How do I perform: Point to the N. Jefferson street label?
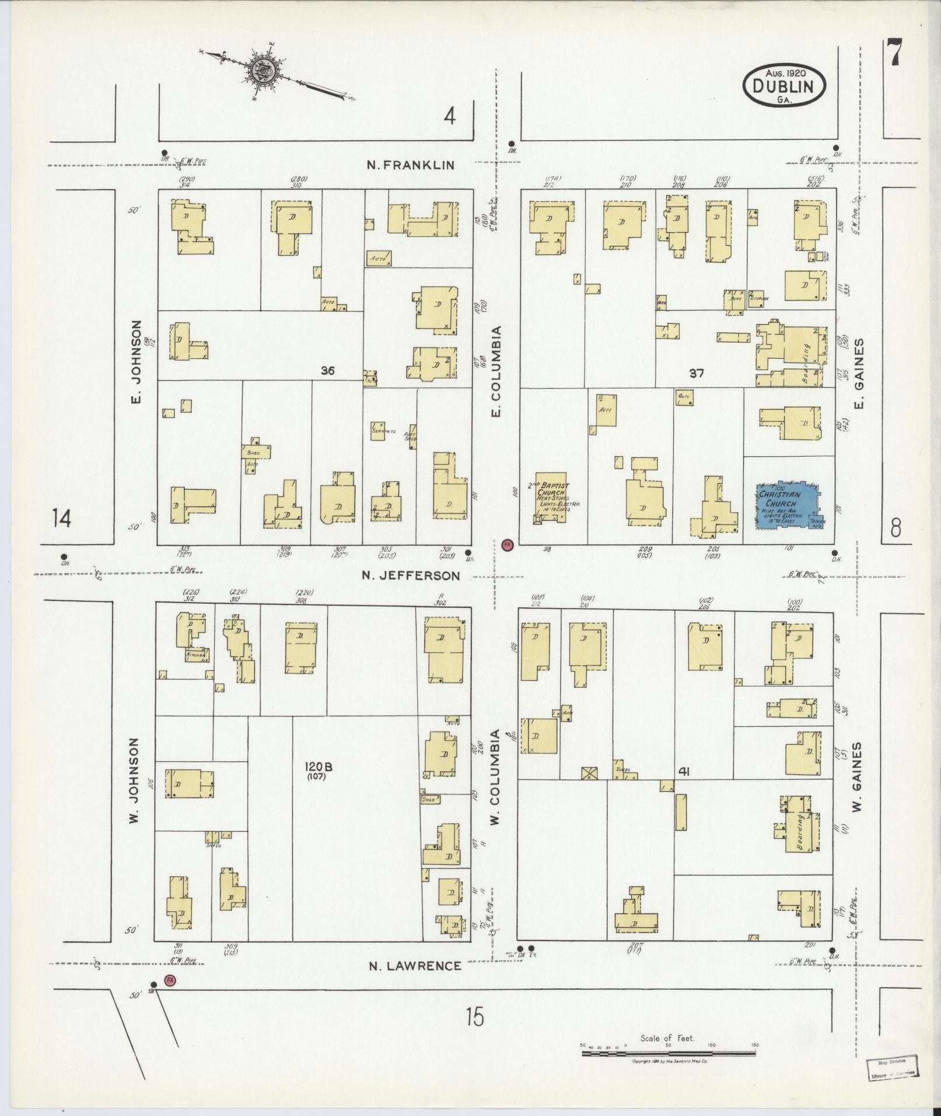point(410,576)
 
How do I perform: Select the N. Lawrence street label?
point(415,965)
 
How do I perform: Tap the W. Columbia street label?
point(495,777)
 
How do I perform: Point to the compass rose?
point(259,70)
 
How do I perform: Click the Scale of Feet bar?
point(667,1054)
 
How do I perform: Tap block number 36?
point(327,370)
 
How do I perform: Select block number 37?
point(696,373)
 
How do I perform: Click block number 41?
point(684,771)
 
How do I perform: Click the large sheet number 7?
point(893,54)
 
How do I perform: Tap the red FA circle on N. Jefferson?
point(507,545)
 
